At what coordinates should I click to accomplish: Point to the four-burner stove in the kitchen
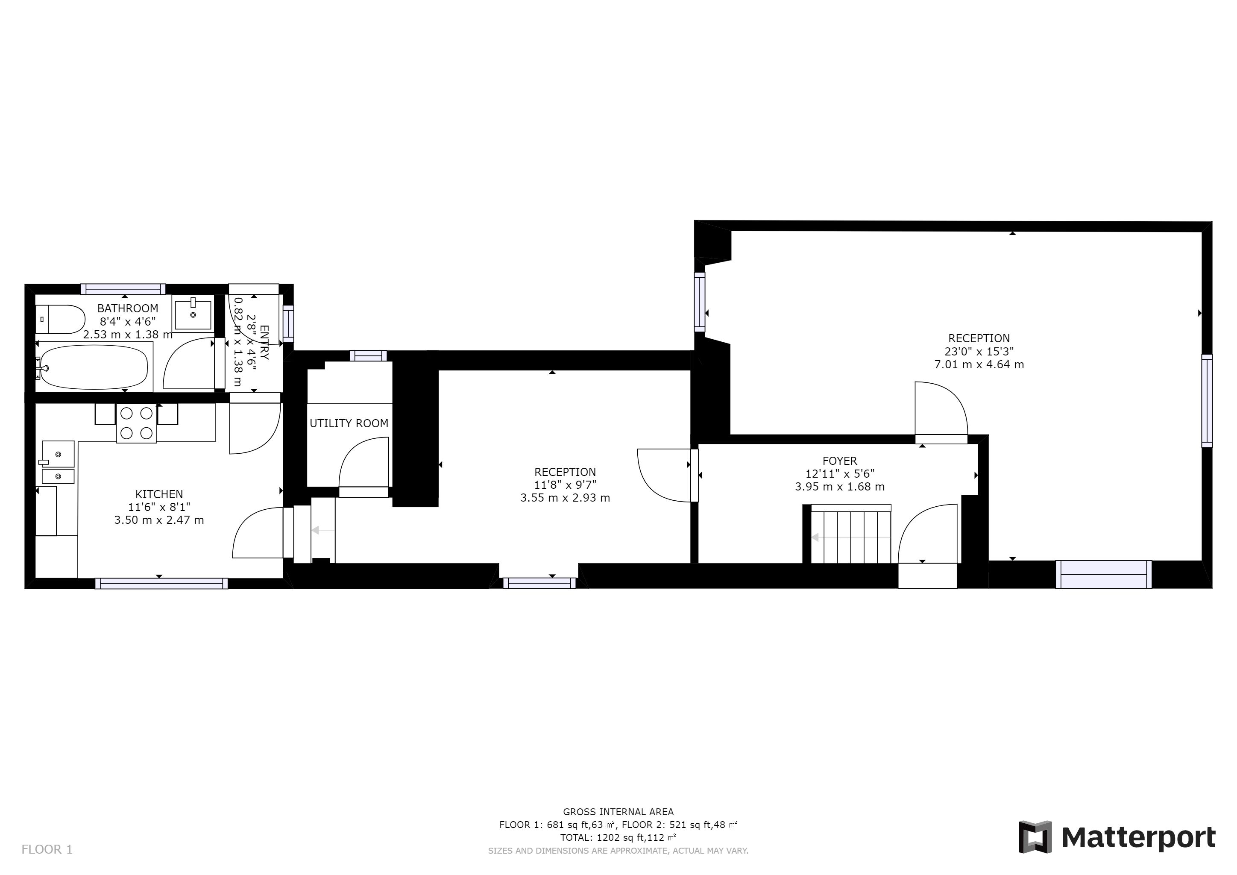tap(136, 423)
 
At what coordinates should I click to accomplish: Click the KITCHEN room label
tap(159, 494)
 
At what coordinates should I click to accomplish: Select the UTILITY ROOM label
tap(349, 423)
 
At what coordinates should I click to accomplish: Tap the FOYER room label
tap(840, 461)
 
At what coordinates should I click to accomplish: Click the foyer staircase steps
tap(851, 534)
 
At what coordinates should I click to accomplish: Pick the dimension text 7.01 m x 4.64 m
tap(979, 364)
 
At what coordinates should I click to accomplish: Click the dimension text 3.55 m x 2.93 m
tap(565, 498)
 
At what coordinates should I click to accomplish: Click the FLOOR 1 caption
tap(47, 850)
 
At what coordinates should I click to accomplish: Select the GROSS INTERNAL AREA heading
tap(618, 812)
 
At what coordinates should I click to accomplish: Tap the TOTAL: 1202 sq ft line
tap(618, 838)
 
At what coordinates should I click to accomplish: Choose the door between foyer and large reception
tap(941, 412)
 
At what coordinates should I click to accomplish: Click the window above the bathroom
tap(123, 289)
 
